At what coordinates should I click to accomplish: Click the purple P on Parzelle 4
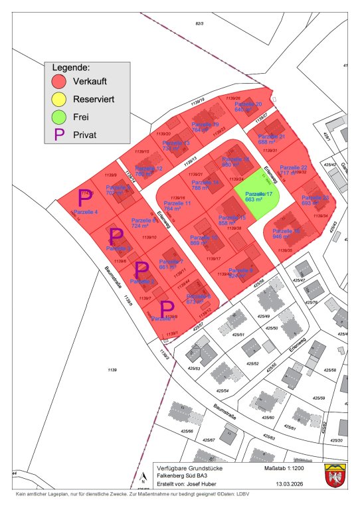point(84,197)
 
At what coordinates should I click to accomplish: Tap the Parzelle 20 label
point(248,105)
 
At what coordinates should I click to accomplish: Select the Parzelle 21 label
point(271,137)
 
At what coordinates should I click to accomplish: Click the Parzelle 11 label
point(177,203)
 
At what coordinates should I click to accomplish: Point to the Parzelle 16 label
point(286,231)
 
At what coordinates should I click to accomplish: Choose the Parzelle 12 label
point(149,169)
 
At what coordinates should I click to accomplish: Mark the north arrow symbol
point(143,476)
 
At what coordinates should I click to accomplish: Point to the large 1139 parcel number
point(112,369)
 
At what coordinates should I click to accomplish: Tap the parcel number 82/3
point(198,24)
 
